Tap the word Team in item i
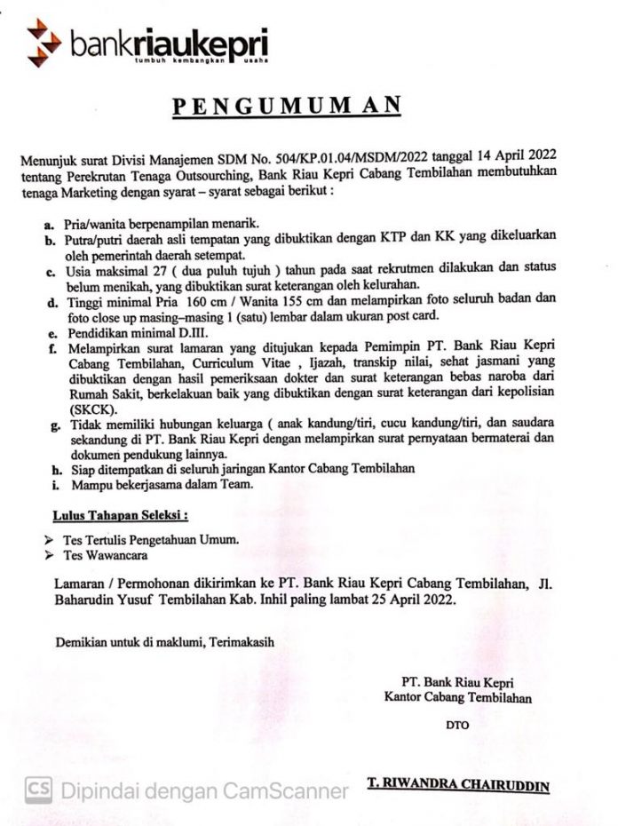pyautogui.click(x=234, y=484)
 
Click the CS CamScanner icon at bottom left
pyautogui.click(x=38, y=788)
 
